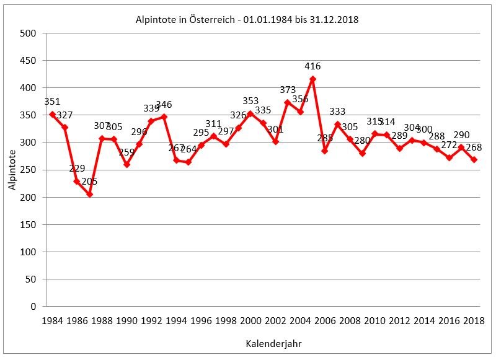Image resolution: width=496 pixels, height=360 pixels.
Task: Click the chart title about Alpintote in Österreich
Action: [247, 20]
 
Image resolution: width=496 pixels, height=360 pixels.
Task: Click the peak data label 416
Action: [312, 66]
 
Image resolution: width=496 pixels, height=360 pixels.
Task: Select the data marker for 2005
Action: [312, 79]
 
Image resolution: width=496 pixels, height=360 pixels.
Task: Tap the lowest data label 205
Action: [89, 182]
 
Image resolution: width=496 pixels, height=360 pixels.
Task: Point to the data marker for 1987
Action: [89, 194]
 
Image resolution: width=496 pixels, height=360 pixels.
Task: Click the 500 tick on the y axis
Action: [29, 33]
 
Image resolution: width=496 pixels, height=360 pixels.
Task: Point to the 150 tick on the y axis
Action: [29, 224]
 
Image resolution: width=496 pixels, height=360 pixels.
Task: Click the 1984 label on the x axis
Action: [52, 320]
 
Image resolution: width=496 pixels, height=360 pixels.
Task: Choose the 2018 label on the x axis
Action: [474, 320]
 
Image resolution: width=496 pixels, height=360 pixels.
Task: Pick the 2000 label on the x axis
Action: [250, 320]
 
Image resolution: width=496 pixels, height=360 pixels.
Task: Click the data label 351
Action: [52, 102]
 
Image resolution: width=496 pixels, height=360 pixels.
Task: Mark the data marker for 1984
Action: [52, 114]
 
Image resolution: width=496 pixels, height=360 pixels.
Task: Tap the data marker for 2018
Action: [474, 160]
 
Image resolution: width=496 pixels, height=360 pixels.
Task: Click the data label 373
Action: [288, 90]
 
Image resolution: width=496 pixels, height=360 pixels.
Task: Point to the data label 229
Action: [77, 169]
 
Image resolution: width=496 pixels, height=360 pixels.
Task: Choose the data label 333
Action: [337, 112]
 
